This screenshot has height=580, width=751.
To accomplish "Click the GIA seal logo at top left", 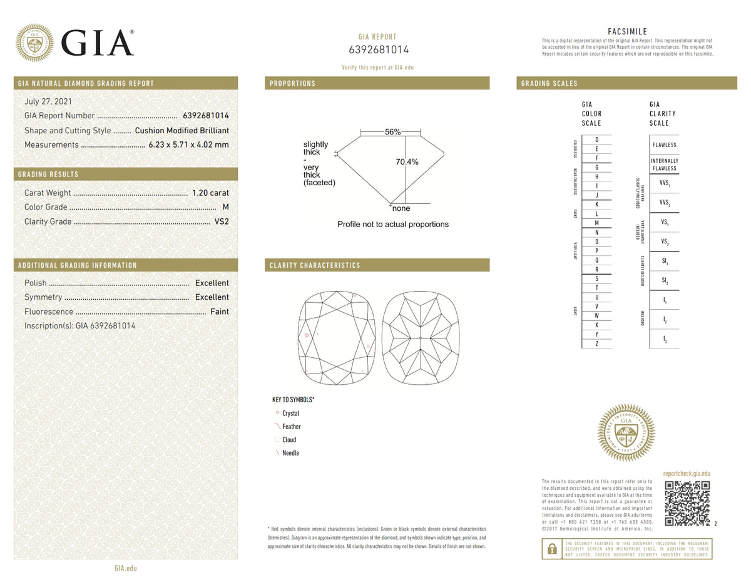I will click(x=34, y=43).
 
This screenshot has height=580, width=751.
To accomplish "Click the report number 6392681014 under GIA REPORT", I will click(x=378, y=50).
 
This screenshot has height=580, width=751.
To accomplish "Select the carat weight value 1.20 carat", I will click(x=210, y=193).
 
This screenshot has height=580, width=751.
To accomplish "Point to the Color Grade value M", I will click(x=225, y=207).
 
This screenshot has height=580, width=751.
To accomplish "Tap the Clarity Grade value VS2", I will click(x=222, y=221).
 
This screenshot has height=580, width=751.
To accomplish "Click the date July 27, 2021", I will click(x=48, y=101).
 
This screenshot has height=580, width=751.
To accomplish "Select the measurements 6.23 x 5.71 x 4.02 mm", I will click(x=188, y=145).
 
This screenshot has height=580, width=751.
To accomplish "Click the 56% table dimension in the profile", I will click(x=392, y=132).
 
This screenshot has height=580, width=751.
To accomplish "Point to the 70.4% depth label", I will click(x=407, y=162).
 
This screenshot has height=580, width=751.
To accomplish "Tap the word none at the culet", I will click(x=401, y=208).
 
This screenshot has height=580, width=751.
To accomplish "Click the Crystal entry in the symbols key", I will click(x=290, y=414).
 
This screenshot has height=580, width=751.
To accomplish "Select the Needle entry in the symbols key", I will click(x=290, y=453).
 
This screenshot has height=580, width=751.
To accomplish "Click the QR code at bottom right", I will click(x=687, y=503).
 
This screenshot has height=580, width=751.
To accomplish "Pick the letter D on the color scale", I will click(x=597, y=140).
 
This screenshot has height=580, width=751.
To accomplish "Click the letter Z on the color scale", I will click(x=597, y=344).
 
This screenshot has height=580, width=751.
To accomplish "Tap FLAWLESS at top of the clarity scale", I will click(x=664, y=145).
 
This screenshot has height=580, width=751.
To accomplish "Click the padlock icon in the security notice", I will click(x=551, y=549).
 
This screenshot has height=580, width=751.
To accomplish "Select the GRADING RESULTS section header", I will click(x=49, y=174).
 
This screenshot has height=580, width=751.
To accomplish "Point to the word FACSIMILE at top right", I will click(x=627, y=32).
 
